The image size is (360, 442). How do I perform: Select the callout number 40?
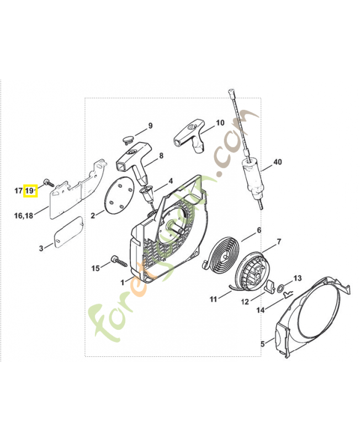point(277,162)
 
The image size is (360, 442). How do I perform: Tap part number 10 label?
point(220,123)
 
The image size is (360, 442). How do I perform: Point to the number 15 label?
point(96,268)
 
